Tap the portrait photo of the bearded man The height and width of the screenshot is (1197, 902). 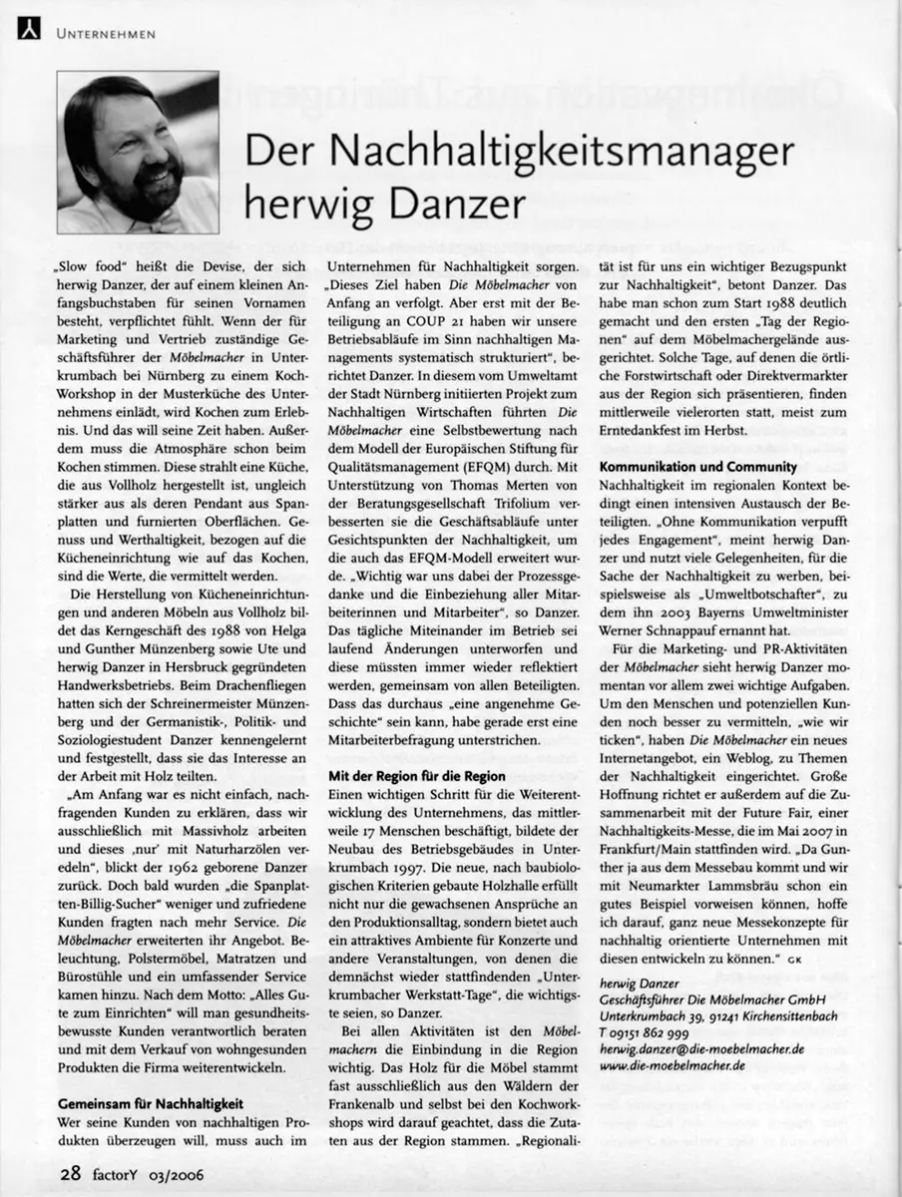point(138,153)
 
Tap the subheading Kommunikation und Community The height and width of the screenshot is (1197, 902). point(697,466)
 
